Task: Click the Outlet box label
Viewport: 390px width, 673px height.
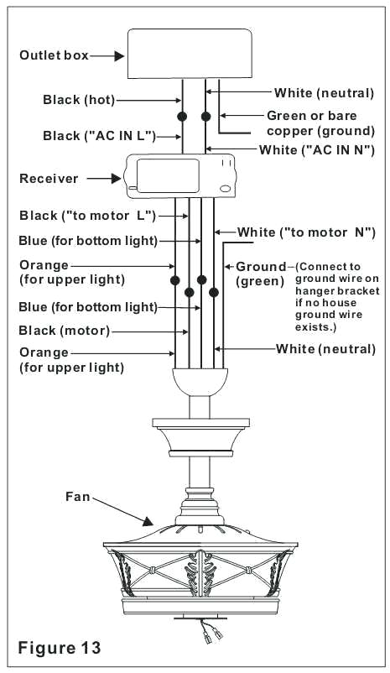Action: point(53,56)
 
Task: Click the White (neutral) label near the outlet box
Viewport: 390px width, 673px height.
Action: point(324,92)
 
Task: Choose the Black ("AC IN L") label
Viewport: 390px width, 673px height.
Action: point(90,135)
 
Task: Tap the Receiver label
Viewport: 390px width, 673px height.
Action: point(49,178)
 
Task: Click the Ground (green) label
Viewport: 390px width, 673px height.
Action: point(261,274)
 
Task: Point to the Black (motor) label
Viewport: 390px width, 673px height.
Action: point(64,331)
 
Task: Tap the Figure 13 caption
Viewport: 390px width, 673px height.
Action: point(60,647)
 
